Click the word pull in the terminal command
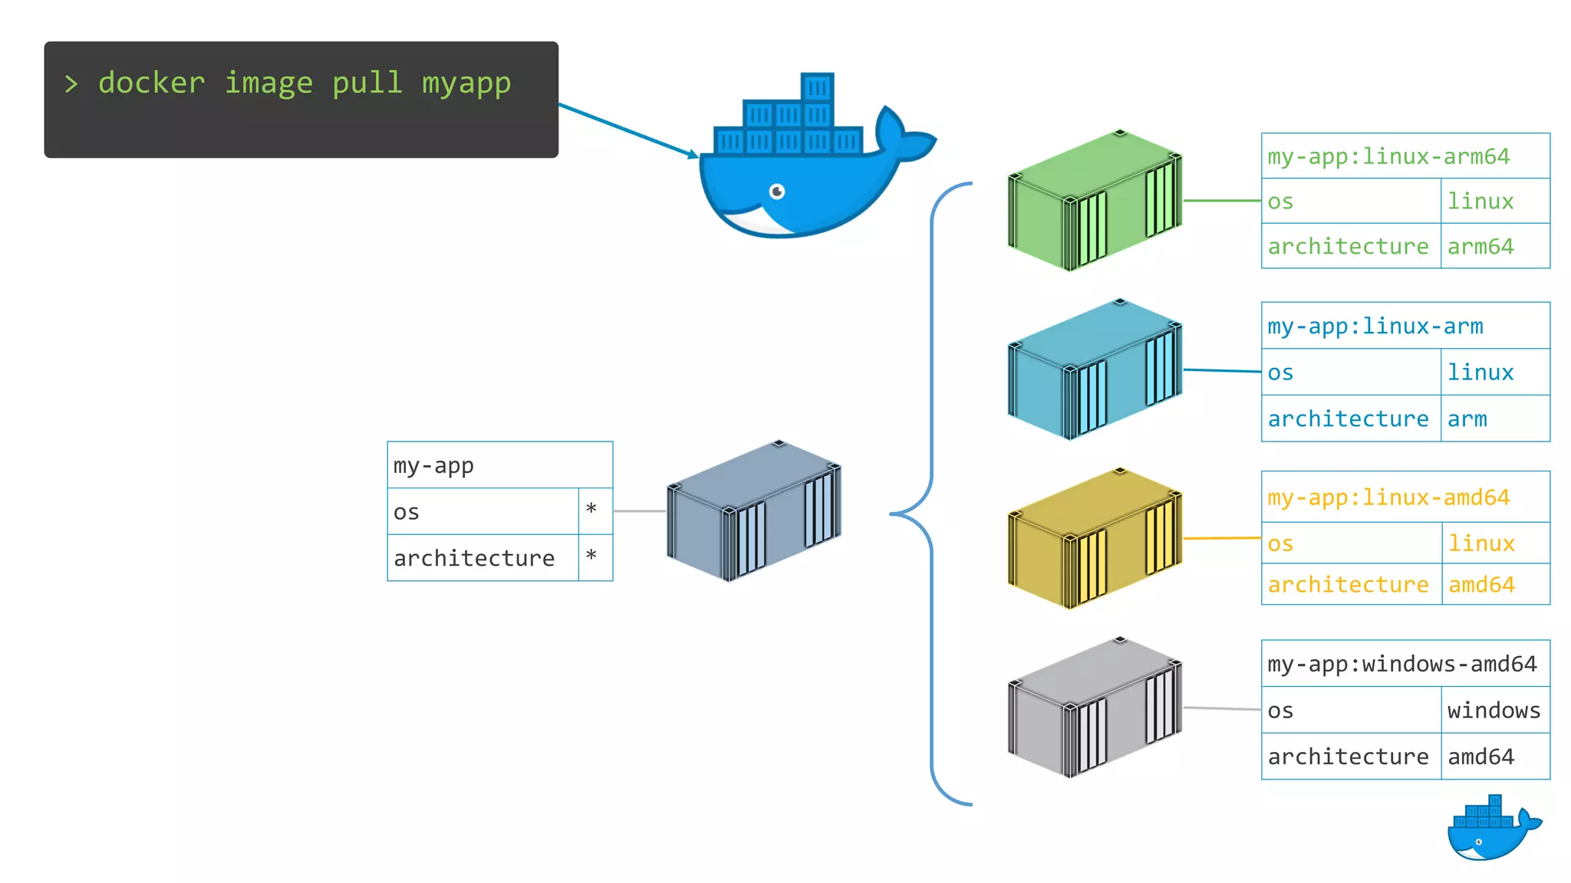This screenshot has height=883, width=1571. [x=367, y=83]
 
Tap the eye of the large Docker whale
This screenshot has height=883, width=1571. [x=777, y=191]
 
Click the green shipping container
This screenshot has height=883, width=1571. [x=1095, y=201]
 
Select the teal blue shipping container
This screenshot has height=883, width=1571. [x=1095, y=369]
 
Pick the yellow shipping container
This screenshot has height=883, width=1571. [x=1095, y=539]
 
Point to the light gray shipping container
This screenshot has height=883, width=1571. [x=1095, y=707]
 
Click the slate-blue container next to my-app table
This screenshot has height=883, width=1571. [x=754, y=511]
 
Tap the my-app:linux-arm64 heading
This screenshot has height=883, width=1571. [x=1388, y=156]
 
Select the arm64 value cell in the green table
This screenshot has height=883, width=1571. [x=1480, y=246]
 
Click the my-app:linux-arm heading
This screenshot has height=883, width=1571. [x=1375, y=327]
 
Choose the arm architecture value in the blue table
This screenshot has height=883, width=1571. [x=1467, y=419]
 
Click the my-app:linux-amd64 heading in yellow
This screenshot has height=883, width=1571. [x=1388, y=497]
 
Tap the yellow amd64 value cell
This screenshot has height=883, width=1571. [x=1481, y=585]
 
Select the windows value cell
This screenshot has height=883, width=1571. [x=1494, y=711]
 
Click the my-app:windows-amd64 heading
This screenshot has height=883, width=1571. [x=1402, y=664]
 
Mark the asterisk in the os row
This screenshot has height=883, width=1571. [x=591, y=510]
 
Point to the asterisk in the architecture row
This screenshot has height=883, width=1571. [x=591, y=556]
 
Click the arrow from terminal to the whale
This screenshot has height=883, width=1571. [x=627, y=130]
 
